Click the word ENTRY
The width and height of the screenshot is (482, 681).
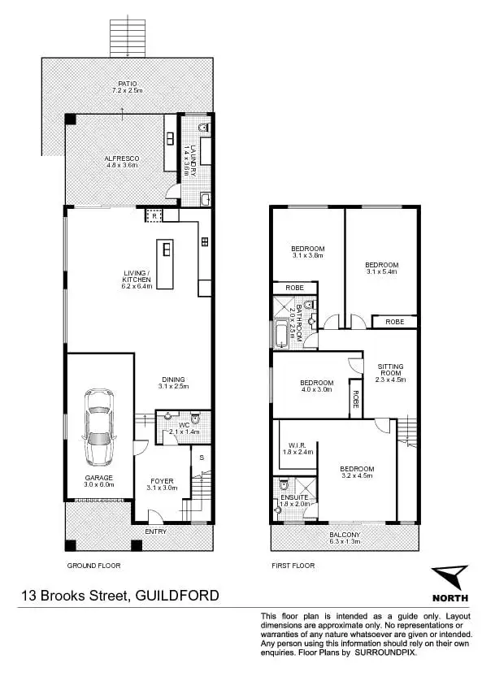click(x=156, y=531)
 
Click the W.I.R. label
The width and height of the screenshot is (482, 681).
click(x=295, y=445)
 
